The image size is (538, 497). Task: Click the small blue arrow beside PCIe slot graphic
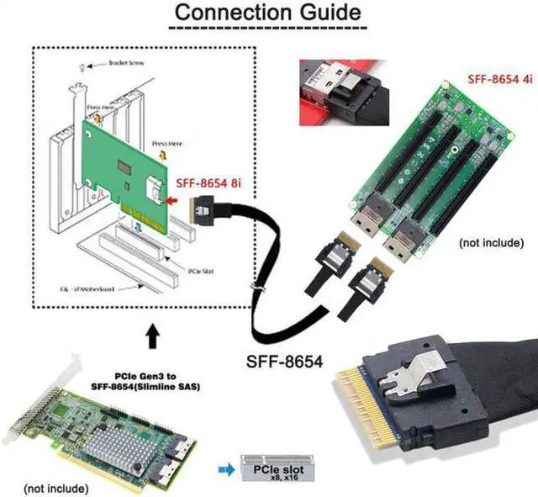[x=226, y=469]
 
